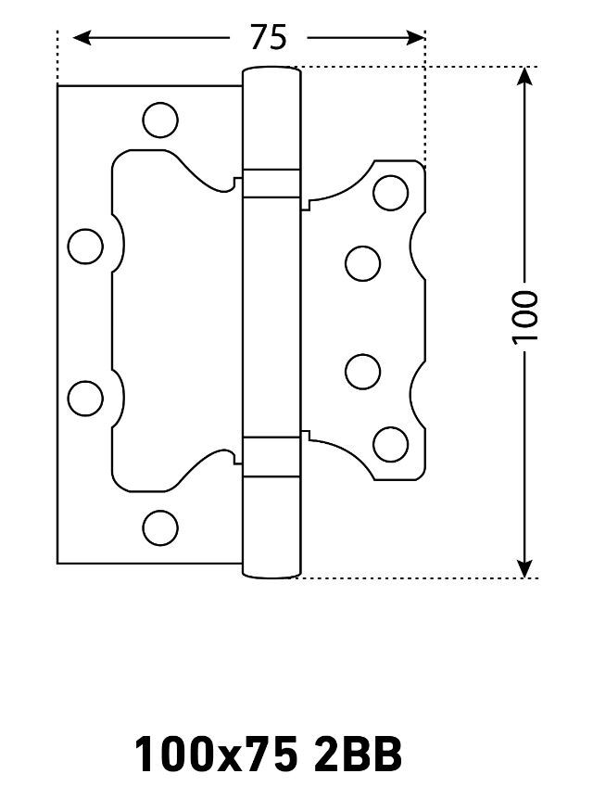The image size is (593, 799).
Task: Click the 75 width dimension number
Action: point(269,37)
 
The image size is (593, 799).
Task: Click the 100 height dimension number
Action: point(524,317)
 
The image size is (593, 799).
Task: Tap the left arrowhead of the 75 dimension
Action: point(82,38)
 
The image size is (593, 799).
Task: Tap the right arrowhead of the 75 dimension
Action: point(416,38)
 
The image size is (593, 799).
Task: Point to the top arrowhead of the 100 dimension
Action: point(524,76)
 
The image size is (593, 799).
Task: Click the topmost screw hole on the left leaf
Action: point(160,120)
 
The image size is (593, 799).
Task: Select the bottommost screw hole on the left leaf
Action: point(160,528)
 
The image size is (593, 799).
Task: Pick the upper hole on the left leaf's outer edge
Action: point(85,247)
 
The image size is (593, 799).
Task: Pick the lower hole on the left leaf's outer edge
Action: point(85,398)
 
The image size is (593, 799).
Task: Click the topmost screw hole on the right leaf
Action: point(391,193)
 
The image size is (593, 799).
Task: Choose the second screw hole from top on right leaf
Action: point(362,263)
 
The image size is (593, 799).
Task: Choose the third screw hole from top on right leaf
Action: point(362,372)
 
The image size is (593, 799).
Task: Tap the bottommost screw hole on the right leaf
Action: point(391,444)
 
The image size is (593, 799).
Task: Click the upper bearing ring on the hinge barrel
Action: point(271,184)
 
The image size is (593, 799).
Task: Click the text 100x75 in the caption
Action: point(216,755)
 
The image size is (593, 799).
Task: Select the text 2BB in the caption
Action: point(358,755)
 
